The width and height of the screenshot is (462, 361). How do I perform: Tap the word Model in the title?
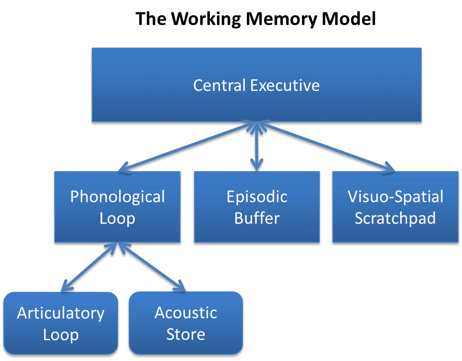[351, 19]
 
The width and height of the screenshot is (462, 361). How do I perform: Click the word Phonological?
[117, 197]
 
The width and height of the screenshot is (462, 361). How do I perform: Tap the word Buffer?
[256, 218]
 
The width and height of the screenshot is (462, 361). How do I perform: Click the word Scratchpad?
[395, 218]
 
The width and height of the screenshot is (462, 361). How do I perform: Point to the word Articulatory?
[61, 313]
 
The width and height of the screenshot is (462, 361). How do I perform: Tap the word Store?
[185, 334]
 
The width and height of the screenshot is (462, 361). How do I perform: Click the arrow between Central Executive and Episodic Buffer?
[257, 147]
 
